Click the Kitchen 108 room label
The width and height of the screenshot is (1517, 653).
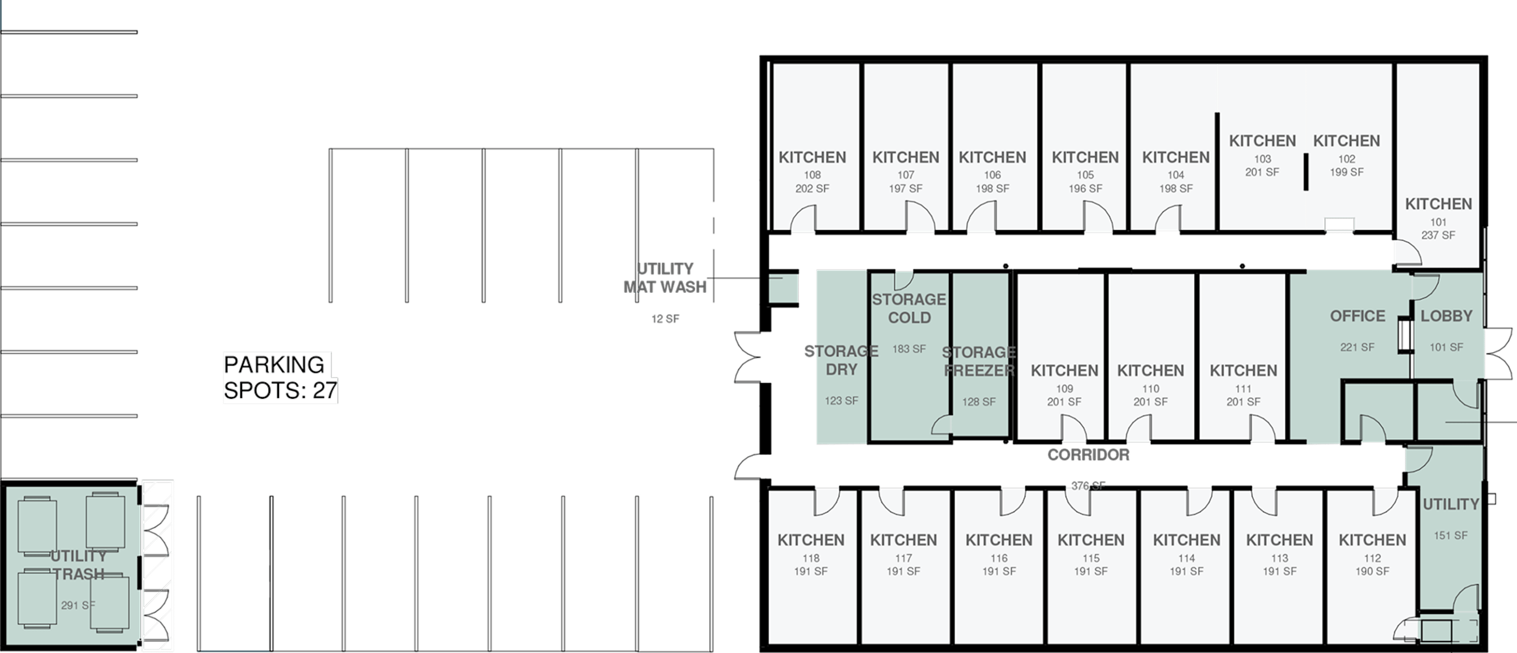812,157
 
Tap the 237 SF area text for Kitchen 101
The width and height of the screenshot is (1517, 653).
1438,235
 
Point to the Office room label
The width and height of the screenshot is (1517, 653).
1357,316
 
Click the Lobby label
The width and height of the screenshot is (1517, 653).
1446,316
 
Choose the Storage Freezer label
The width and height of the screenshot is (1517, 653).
979,361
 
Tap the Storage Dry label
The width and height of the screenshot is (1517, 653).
841,360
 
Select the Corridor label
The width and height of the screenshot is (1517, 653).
1088,454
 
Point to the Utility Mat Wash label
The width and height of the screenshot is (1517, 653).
665,278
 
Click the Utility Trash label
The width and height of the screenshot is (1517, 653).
78,564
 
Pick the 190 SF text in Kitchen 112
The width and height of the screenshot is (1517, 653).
1372,571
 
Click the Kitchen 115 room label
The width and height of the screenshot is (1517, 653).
1091,540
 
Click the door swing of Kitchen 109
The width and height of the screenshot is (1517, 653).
1074,428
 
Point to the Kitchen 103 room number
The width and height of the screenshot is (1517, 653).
1262,159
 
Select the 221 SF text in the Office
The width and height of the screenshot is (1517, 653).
1357,348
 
